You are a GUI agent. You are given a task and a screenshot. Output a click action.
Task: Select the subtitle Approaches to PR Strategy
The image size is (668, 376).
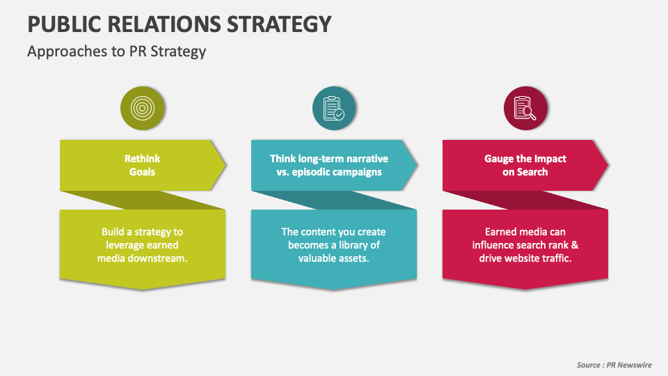[116, 52]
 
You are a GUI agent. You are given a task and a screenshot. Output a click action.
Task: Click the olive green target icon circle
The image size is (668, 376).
[143, 108]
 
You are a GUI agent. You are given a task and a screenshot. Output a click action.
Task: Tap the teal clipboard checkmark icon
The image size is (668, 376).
[334, 108]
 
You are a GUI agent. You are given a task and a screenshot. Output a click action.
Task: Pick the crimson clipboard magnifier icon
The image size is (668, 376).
[525, 108]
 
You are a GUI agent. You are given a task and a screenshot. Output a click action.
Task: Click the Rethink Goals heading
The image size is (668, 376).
[143, 165]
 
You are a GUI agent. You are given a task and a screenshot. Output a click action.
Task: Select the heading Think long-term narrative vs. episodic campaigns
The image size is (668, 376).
[329, 165]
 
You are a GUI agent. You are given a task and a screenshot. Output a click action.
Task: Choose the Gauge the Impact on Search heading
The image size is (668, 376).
[525, 165]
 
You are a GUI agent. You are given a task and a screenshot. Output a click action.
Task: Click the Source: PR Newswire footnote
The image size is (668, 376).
[614, 365]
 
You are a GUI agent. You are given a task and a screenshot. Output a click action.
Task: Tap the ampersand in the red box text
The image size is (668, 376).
[575, 244]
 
